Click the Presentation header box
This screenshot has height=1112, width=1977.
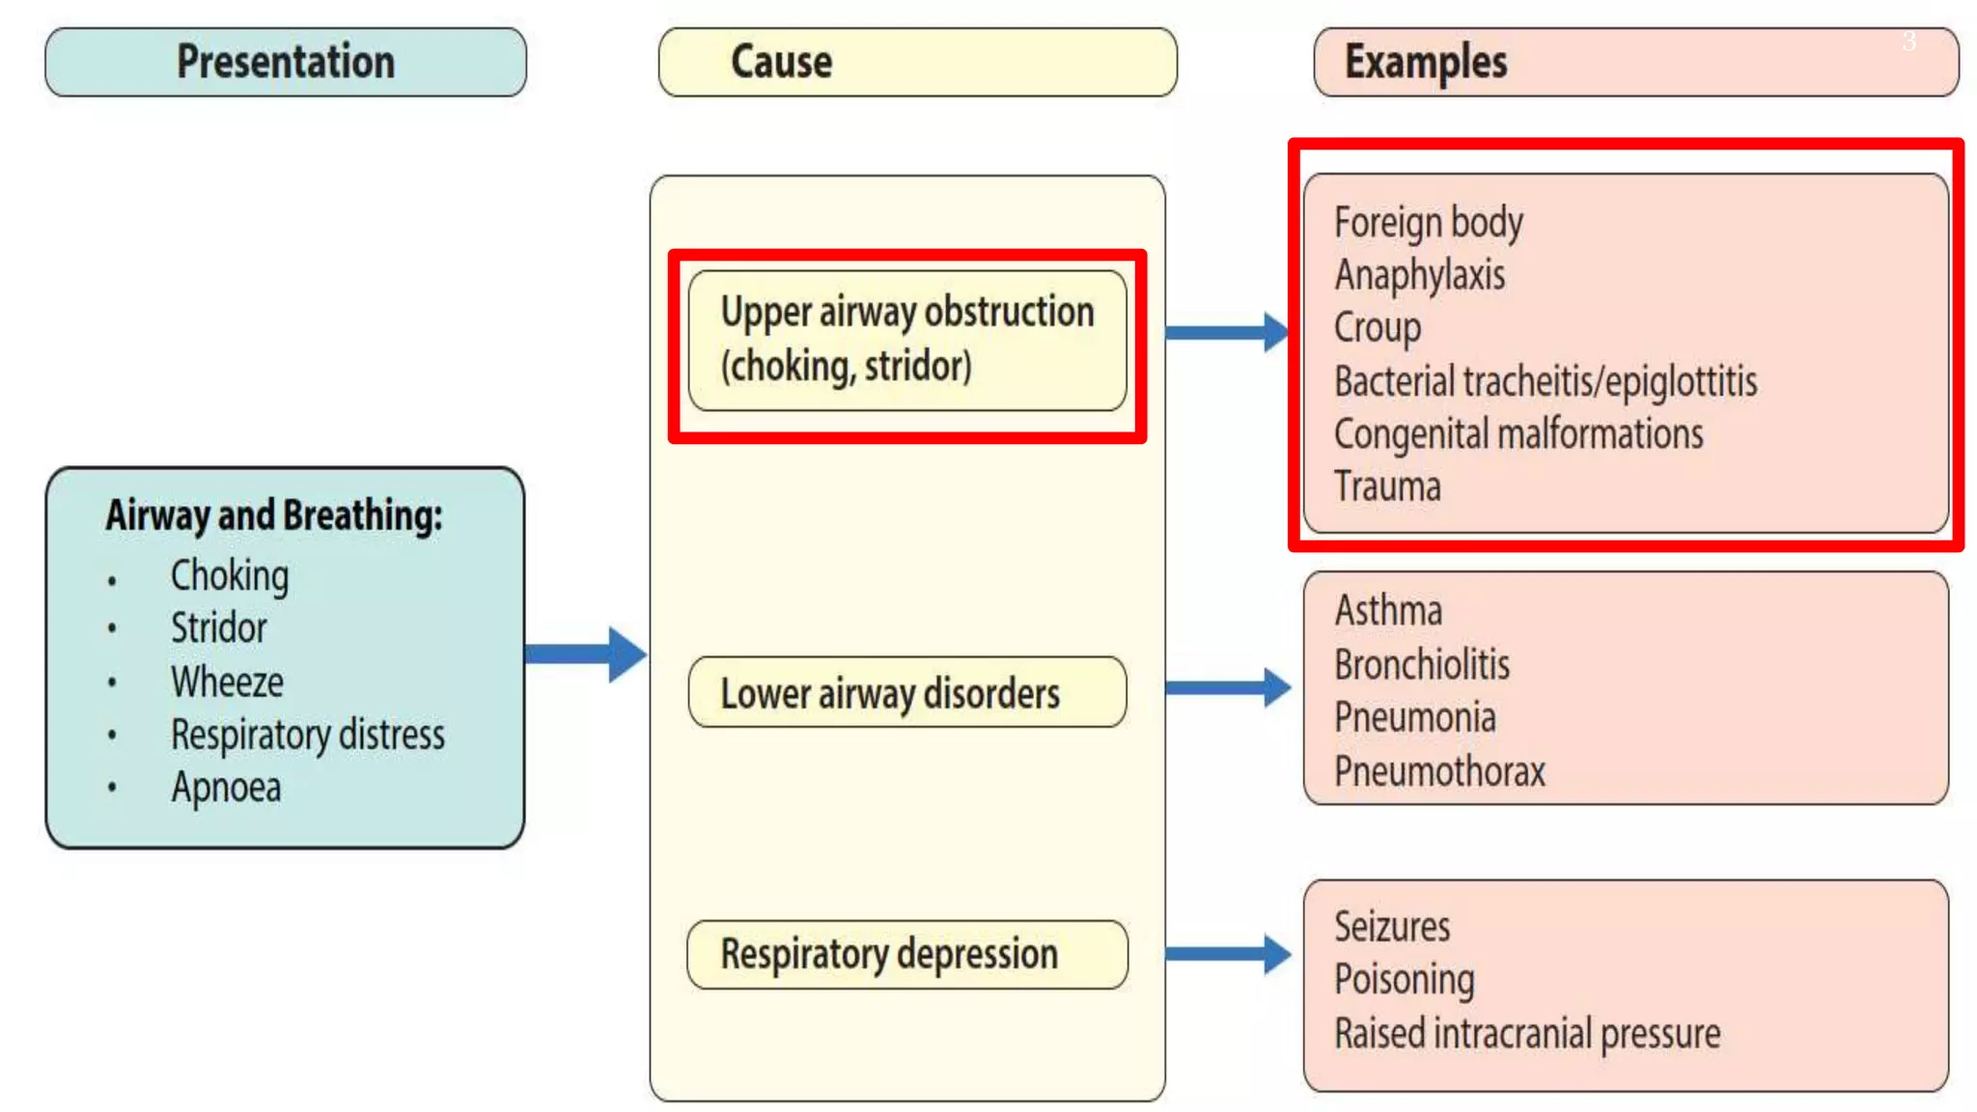pos(286,62)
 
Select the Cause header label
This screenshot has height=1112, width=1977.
pos(782,62)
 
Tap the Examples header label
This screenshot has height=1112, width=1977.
pos(1426,62)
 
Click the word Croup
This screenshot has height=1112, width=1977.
pos(1378,328)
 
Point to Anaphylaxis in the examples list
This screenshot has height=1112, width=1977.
pos(1420,275)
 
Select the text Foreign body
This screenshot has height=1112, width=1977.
pos(1429,223)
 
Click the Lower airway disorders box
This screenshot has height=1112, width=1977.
pos(906,693)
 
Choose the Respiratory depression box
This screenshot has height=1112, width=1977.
pos(906,955)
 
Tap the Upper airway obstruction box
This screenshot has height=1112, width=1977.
pos(906,340)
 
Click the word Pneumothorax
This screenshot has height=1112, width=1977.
pos(1439,771)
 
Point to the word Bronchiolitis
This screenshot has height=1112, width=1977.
pos(1422,665)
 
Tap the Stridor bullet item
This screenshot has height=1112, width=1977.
pos(219,628)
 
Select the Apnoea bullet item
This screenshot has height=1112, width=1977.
pos(226,788)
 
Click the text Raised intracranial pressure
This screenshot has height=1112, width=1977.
pos(1527,1034)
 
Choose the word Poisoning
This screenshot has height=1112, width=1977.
pos(1405,980)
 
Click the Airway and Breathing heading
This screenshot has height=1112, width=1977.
pos(274,515)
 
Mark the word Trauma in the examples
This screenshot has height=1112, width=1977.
pos(1387,486)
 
